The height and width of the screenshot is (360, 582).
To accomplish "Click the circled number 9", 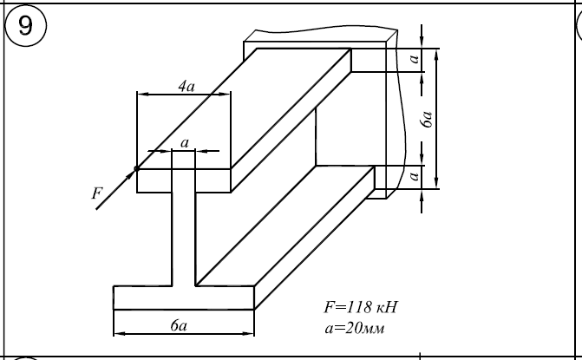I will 27,25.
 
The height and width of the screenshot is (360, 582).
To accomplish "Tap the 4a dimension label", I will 185,86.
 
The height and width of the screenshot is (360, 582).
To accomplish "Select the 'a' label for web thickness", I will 184,141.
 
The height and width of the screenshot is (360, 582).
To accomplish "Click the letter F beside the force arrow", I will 96,194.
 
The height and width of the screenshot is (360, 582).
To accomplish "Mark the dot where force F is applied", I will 137,168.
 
